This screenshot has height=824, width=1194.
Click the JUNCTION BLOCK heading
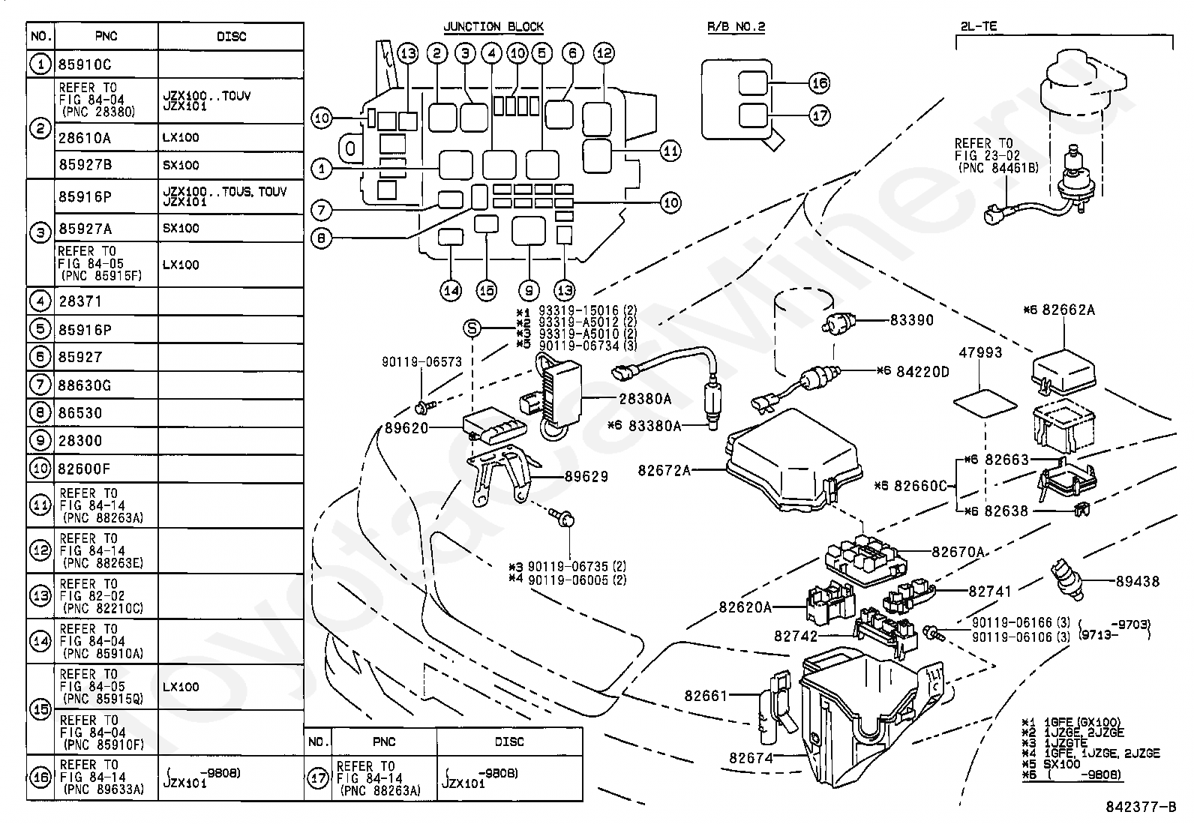pos(493,27)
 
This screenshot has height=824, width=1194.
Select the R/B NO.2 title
pos(736,27)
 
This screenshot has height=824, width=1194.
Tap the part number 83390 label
pos(911,320)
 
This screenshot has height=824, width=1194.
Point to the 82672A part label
pos(664,470)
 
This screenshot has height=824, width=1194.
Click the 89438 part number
pos(1138,582)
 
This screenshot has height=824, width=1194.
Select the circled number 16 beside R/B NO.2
pos(819,83)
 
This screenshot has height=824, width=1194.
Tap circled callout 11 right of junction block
pos(670,151)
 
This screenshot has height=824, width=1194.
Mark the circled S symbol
pos(472,328)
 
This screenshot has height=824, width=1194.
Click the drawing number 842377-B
pos(1141,807)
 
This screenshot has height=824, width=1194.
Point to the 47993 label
pos(980,352)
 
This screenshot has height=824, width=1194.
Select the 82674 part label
pos(751,757)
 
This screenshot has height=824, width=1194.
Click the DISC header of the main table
pos(231,37)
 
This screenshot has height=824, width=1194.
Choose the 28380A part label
pos(645,399)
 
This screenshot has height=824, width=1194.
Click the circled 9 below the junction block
pos(529,290)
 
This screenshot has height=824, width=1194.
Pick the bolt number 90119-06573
pos(421,362)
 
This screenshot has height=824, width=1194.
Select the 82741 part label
pos(990,591)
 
